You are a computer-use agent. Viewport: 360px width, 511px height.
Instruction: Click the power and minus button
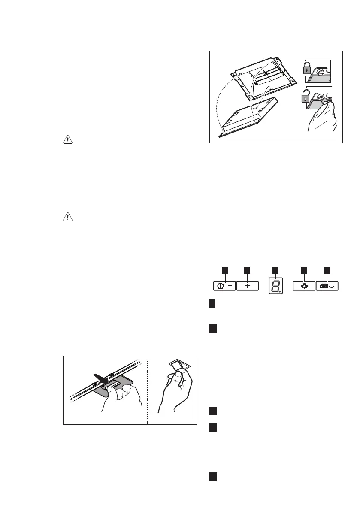point(224,286)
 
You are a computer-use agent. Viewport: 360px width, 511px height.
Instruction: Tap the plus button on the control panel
point(248,286)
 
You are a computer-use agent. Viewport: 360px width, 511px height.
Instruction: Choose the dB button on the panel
point(327,286)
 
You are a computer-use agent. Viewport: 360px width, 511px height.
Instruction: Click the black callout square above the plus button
point(247,269)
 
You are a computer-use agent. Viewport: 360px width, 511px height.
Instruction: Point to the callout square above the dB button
point(327,269)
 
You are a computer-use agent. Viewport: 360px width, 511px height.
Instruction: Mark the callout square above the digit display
point(275,269)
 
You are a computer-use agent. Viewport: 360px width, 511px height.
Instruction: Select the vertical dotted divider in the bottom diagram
point(147,390)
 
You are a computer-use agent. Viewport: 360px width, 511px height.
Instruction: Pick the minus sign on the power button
point(230,286)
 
